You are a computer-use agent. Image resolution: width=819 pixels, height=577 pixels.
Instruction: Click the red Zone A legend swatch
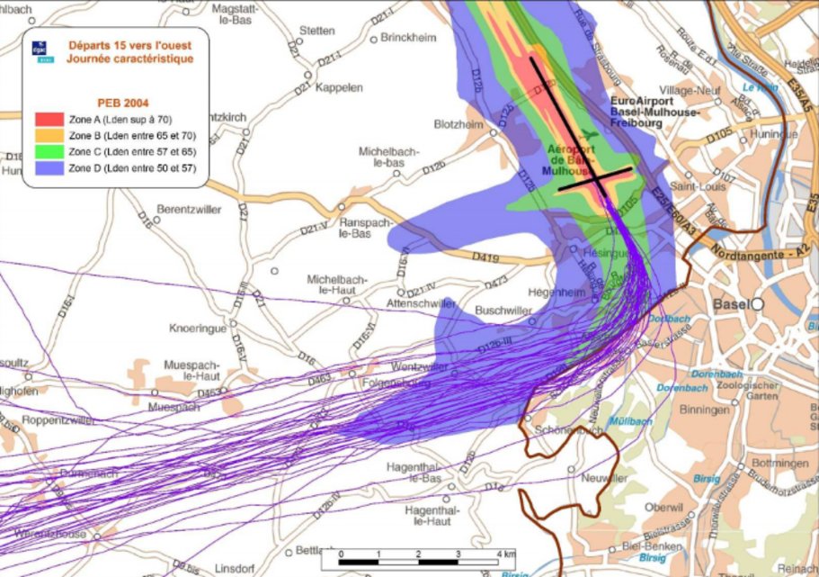(x=48, y=119)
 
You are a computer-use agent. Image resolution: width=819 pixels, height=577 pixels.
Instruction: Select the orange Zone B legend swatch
(x=48, y=134)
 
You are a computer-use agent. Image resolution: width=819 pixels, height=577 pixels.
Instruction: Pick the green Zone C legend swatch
(x=48, y=150)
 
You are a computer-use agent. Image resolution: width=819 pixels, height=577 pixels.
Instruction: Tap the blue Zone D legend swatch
(x=48, y=167)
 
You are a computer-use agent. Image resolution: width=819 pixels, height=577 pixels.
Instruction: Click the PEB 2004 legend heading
(x=116, y=103)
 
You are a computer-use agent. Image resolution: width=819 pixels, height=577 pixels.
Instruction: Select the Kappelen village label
(x=340, y=88)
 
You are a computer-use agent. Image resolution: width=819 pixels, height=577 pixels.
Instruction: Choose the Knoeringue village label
(x=200, y=329)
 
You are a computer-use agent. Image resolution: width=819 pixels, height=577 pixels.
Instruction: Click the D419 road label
(x=486, y=257)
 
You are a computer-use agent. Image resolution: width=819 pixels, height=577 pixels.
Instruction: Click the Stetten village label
(x=317, y=31)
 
